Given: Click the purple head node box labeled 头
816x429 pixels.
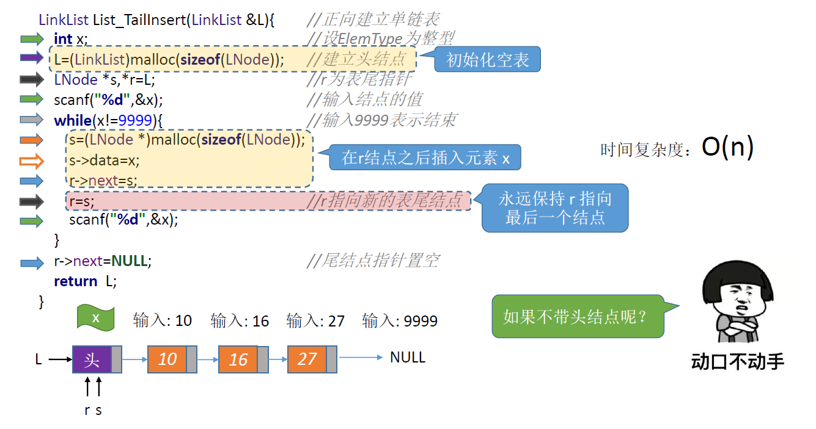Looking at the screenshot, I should coord(92,359).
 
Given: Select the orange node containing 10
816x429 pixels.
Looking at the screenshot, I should coord(167,359).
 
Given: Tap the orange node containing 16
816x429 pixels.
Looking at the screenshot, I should coord(238,359).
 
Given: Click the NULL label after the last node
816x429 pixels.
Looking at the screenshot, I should coord(408,357).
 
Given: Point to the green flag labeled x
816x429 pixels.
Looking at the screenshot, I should coord(96,318).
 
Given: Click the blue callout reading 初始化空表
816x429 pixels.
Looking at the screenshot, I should coord(487,60).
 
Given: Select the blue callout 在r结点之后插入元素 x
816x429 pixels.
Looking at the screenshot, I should coord(425,158).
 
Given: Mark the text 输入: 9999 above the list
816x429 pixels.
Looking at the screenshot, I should coord(400,320).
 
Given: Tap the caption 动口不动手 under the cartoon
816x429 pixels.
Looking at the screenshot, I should coord(737,361).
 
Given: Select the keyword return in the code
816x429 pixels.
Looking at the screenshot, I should coord(75,281).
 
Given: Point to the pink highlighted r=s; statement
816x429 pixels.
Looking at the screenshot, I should coord(82,201).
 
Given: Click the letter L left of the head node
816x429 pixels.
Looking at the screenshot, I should coord(39,359).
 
